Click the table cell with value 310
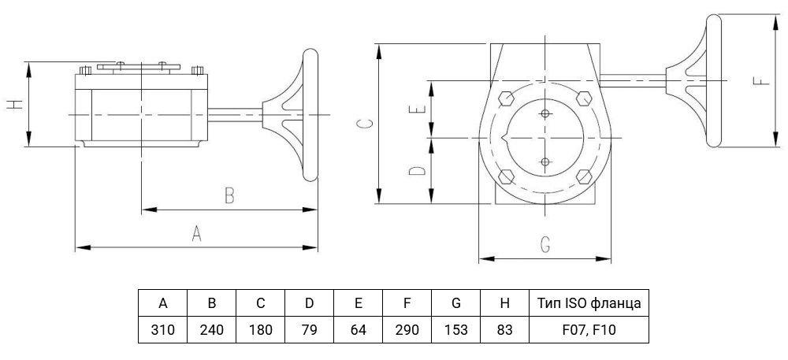point(163,330)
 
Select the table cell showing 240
point(211,330)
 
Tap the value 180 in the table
point(260,330)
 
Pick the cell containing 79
point(309,330)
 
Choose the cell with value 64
point(358,330)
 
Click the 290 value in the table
point(407,330)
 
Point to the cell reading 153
point(455,330)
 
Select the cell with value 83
point(504,330)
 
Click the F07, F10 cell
point(589,330)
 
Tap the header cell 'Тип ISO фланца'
point(589,303)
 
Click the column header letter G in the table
point(455,303)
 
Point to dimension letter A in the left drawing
point(196,233)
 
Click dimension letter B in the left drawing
point(229,195)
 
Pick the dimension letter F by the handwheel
point(762,80)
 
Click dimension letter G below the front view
point(545,244)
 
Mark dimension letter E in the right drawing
point(418,109)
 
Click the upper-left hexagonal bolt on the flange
point(506,98)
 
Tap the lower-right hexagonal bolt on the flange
point(584,176)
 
